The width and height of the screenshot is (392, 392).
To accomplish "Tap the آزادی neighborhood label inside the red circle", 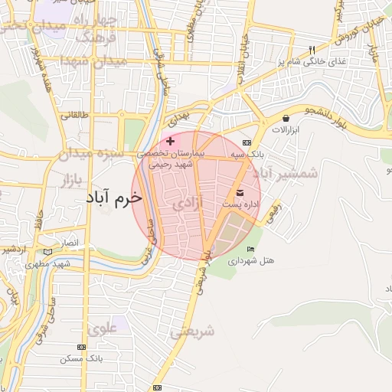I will [x=188, y=204].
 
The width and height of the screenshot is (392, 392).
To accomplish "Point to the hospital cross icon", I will [x=170, y=141].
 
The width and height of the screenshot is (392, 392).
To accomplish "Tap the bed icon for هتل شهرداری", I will [x=250, y=249].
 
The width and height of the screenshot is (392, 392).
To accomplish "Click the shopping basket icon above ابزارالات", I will [x=286, y=119].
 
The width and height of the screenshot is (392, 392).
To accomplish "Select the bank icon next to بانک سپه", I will [x=247, y=142].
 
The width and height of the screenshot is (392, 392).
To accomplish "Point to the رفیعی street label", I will [x=273, y=211].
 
